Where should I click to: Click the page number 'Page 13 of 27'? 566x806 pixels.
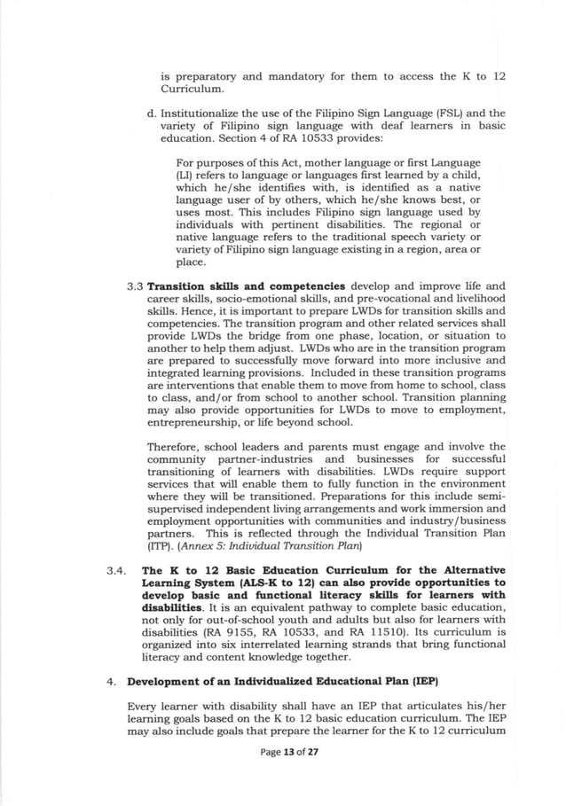click(282, 776)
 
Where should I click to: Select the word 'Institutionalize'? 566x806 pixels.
click(200, 113)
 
